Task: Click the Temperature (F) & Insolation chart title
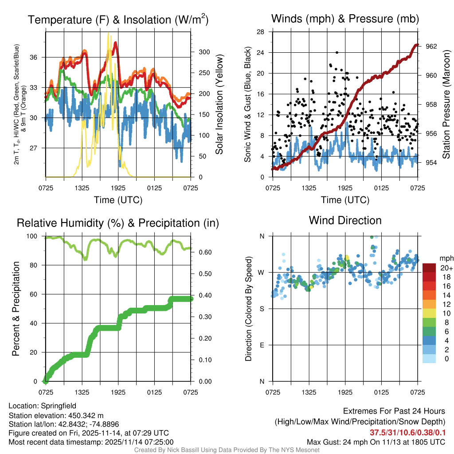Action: click(x=118, y=20)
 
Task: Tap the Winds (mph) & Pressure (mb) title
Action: click(x=345, y=19)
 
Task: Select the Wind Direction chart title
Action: click(x=345, y=220)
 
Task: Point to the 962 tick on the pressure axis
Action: click(x=431, y=46)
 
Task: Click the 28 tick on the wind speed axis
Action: click(x=261, y=32)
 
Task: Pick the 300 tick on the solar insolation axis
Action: click(x=204, y=51)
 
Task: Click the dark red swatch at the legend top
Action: click(x=429, y=267)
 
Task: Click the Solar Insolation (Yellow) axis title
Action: click(x=219, y=105)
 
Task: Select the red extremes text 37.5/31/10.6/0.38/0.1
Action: click(x=407, y=432)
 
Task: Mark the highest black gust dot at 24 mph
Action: click(x=337, y=52)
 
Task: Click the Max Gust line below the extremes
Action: click(x=376, y=442)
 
